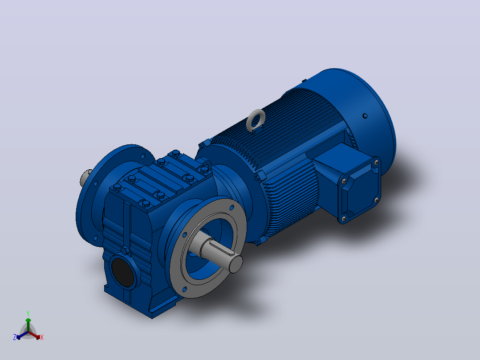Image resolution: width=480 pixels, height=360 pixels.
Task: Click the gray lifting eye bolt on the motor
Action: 256,120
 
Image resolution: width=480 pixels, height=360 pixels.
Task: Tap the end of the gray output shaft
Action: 236,264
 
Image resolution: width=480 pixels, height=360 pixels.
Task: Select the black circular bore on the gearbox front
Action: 122,272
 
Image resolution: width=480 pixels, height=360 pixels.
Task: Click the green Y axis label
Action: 28,314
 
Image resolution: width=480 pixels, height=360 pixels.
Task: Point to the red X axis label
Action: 42,337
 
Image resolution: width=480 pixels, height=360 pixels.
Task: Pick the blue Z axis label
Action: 15,337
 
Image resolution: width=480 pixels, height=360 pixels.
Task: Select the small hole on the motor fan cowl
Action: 365,116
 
